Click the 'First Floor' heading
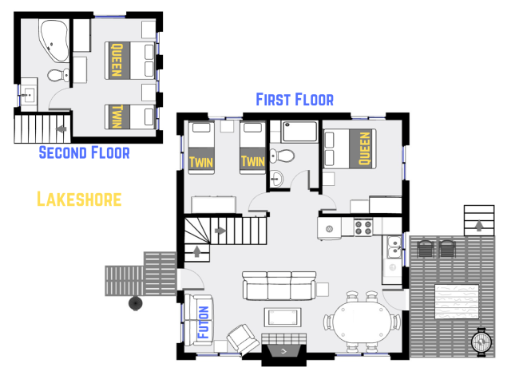(294, 99)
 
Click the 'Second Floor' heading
(84, 152)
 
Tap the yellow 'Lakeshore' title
(79, 199)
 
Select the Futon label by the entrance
(203, 322)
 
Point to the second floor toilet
(57, 76)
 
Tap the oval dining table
(362, 322)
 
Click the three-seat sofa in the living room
(279, 285)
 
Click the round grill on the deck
(481, 342)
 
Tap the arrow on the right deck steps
(478, 226)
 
